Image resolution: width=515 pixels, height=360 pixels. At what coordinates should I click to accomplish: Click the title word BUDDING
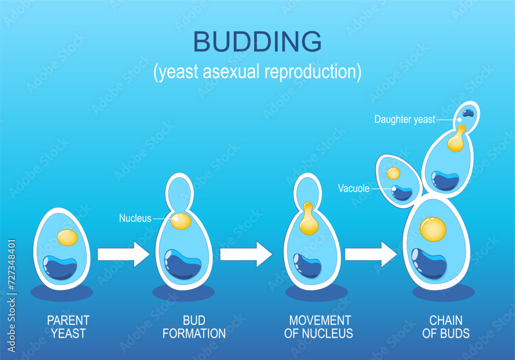tap(257, 43)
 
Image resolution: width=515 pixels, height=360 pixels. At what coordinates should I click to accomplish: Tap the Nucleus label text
tap(135, 218)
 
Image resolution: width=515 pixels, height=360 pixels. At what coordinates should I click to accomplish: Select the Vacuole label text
tap(354, 188)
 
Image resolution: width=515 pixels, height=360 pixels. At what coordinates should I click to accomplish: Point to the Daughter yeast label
tap(405, 119)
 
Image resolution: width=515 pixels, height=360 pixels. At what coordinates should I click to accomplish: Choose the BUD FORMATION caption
tap(194, 327)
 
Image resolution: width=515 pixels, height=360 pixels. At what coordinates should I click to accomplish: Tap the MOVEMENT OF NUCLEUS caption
tap(318, 327)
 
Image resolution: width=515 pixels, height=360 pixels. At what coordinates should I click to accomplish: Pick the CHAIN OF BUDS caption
tap(445, 327)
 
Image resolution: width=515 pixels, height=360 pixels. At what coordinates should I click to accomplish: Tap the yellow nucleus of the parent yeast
tap(67, 237)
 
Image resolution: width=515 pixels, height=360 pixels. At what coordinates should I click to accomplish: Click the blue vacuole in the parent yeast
tap(60, 267)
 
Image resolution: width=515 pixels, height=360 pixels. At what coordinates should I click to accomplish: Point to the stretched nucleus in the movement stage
tap(308, 220)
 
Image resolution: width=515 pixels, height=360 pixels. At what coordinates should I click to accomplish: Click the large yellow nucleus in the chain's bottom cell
tap(433, 230)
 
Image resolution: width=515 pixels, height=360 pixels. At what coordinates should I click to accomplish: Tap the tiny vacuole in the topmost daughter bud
tap(468, 113)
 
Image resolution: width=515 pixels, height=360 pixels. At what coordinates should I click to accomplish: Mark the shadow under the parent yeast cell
tap(62, 293)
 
